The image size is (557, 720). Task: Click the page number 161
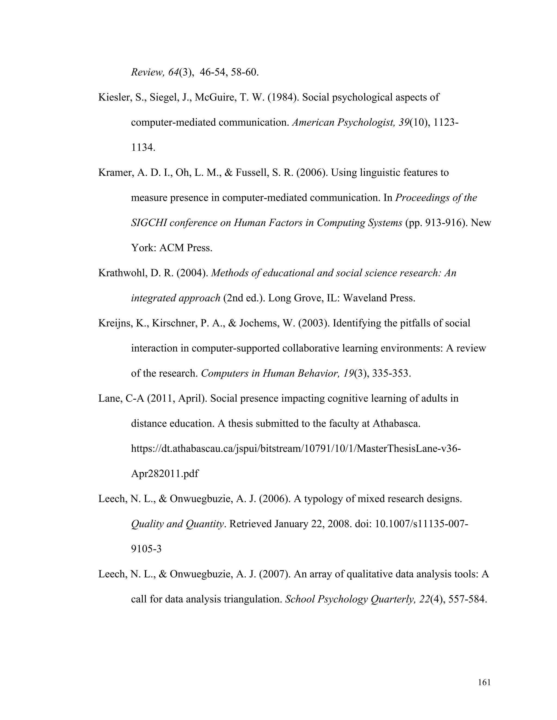click(x=484, y=683)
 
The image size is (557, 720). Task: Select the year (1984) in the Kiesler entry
click(x=283, y=97)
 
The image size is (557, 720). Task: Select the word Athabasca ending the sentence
click(x=396, y=424)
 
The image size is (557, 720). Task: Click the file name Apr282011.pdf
click(x=165, y=474)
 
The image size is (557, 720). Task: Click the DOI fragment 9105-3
click(x=146, y=549)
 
